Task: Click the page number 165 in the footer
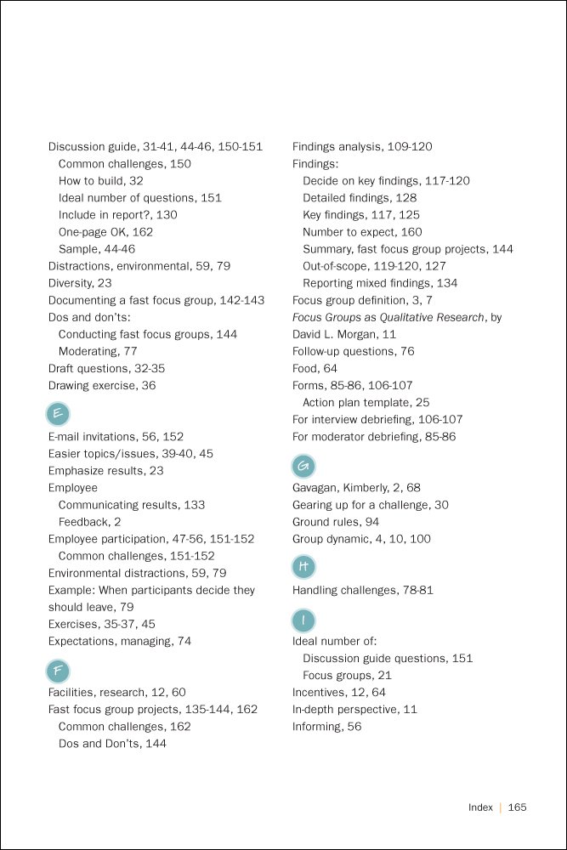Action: click(518, 807)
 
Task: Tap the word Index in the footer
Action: click(480, 807)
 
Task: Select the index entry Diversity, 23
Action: click(80, 283)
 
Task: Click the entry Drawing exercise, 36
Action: click(102, 385)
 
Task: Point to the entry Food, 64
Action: click(315, 368)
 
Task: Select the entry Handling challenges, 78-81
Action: click(363, 590)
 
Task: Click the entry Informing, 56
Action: click(326, 726)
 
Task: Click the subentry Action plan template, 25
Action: click(366, 402)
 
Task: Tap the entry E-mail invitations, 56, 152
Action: click(116, 437)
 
